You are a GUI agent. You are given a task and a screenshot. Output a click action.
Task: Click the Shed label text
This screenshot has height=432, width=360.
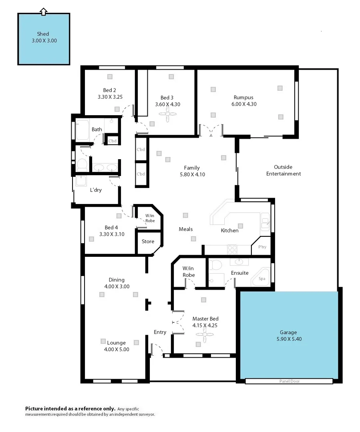[x=43, y=34]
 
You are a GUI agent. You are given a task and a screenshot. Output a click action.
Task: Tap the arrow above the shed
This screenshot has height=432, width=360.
[x=44, y=12]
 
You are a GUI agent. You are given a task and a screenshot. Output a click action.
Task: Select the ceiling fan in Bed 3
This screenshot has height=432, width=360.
[x=167, y=114]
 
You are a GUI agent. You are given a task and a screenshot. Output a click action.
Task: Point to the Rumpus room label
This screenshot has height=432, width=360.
[x=243, y=97]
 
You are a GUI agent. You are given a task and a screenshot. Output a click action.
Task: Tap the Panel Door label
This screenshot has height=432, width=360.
[x=289, y=382]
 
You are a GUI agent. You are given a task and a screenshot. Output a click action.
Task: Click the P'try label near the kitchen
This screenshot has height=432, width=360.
[x=262, y=247]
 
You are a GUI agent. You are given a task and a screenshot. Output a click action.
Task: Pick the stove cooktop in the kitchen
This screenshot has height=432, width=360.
[x=233, y=250]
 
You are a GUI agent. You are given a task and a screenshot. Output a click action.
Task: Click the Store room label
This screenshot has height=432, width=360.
[x=148, y=241]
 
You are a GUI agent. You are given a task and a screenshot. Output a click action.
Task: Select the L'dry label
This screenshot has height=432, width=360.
[x=96, y=190]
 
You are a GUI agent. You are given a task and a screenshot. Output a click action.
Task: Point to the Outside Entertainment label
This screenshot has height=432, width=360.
[x=284, y=170]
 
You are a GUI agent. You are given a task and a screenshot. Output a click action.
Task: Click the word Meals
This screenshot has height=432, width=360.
[x=185, y=229]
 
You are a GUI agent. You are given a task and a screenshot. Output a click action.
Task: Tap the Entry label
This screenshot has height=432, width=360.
[x=160, y=332]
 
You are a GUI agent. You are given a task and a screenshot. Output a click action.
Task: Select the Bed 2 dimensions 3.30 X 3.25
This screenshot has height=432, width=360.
[x=110, y=97]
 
